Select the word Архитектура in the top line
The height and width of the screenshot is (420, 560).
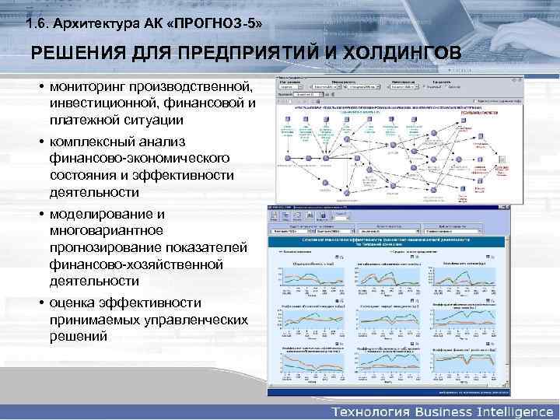coord(96,24)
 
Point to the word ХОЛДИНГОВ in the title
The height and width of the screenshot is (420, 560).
coord(397,54)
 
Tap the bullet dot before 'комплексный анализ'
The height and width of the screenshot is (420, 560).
coord(40,142)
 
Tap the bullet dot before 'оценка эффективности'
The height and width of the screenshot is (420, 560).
coord(40,303)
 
